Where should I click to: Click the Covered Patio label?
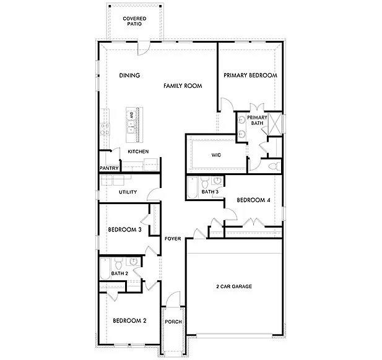coord(134,22)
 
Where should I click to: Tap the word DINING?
coord(129,76)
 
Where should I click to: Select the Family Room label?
coord(183,86)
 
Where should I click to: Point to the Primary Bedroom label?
coord(250,75)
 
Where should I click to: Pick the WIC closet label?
coord(216,155)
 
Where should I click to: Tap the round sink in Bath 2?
coord(132,261)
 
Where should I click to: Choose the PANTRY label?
coord(109,168)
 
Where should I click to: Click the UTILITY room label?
coord(128,192)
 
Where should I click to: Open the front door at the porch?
coord(173,307)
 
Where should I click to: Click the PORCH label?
coord(173,322)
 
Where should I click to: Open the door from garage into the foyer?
coord(199,234)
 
